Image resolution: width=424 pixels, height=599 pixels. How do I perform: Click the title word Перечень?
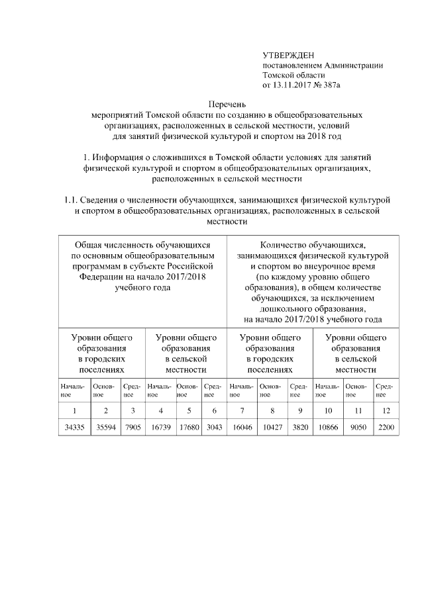(x=228, y=105)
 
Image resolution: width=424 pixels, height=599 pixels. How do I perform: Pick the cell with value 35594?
(x=106, y=428)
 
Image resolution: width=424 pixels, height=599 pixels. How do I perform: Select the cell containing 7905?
(x=132, y=428)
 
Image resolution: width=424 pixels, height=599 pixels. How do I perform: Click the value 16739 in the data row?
(x=160, y=428)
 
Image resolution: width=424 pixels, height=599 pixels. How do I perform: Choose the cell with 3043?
(x=213, y=428)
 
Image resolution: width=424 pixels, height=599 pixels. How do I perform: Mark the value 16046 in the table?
(x=241, y=428)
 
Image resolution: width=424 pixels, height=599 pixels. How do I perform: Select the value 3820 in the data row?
(x=299, y=428)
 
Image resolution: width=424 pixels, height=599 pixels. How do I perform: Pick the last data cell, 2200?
(x=385, y=428)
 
